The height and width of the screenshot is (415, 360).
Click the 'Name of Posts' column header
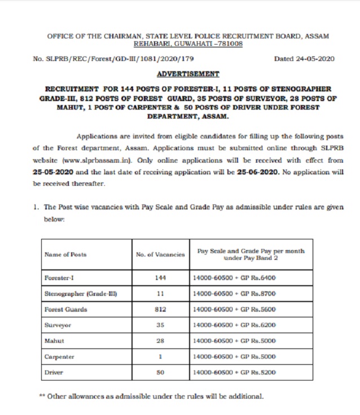(65, 255)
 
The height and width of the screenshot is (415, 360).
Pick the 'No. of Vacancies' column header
(160, 255)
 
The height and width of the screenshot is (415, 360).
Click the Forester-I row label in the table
(59, 278)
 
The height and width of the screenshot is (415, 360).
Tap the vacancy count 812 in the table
(160, 310)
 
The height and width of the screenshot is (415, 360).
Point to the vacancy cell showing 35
(160, 326)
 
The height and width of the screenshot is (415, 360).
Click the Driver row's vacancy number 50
(160, 373)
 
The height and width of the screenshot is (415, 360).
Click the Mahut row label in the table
(54, 342)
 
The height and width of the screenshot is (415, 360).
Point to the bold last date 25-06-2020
(258, 173)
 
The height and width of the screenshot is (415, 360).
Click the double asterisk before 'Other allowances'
(42, 396)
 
